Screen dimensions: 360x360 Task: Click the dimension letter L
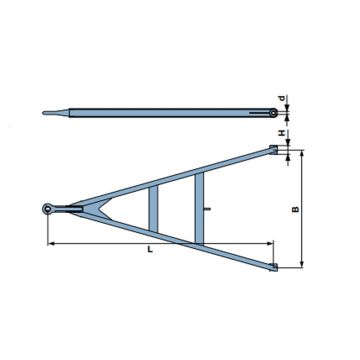(148, 251)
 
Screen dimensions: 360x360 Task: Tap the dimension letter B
(292, 210)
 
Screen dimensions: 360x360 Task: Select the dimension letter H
(284, 134)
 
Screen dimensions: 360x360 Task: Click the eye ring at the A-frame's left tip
(49, 208)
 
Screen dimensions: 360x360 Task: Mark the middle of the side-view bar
(160, 111)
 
